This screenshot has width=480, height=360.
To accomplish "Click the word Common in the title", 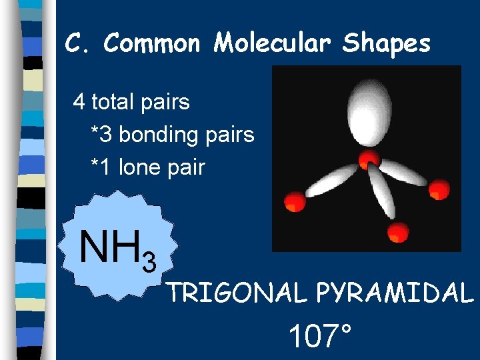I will pyautogui.click(x=152, y=44).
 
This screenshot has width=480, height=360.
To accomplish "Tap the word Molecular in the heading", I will pyautogui.click(x=273, y=44).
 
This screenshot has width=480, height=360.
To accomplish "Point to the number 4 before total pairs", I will pyautogui.click(x=79, y=102).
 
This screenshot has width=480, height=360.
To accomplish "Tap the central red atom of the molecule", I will pyautogui.click(x=369, y=159).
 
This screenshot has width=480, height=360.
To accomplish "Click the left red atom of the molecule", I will pyautogui.click(x=294, y=201).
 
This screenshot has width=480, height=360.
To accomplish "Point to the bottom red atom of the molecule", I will pyautogui.click(x=397, y=231).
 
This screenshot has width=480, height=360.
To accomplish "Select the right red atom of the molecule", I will pyautogui.click(x=439, y=189).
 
